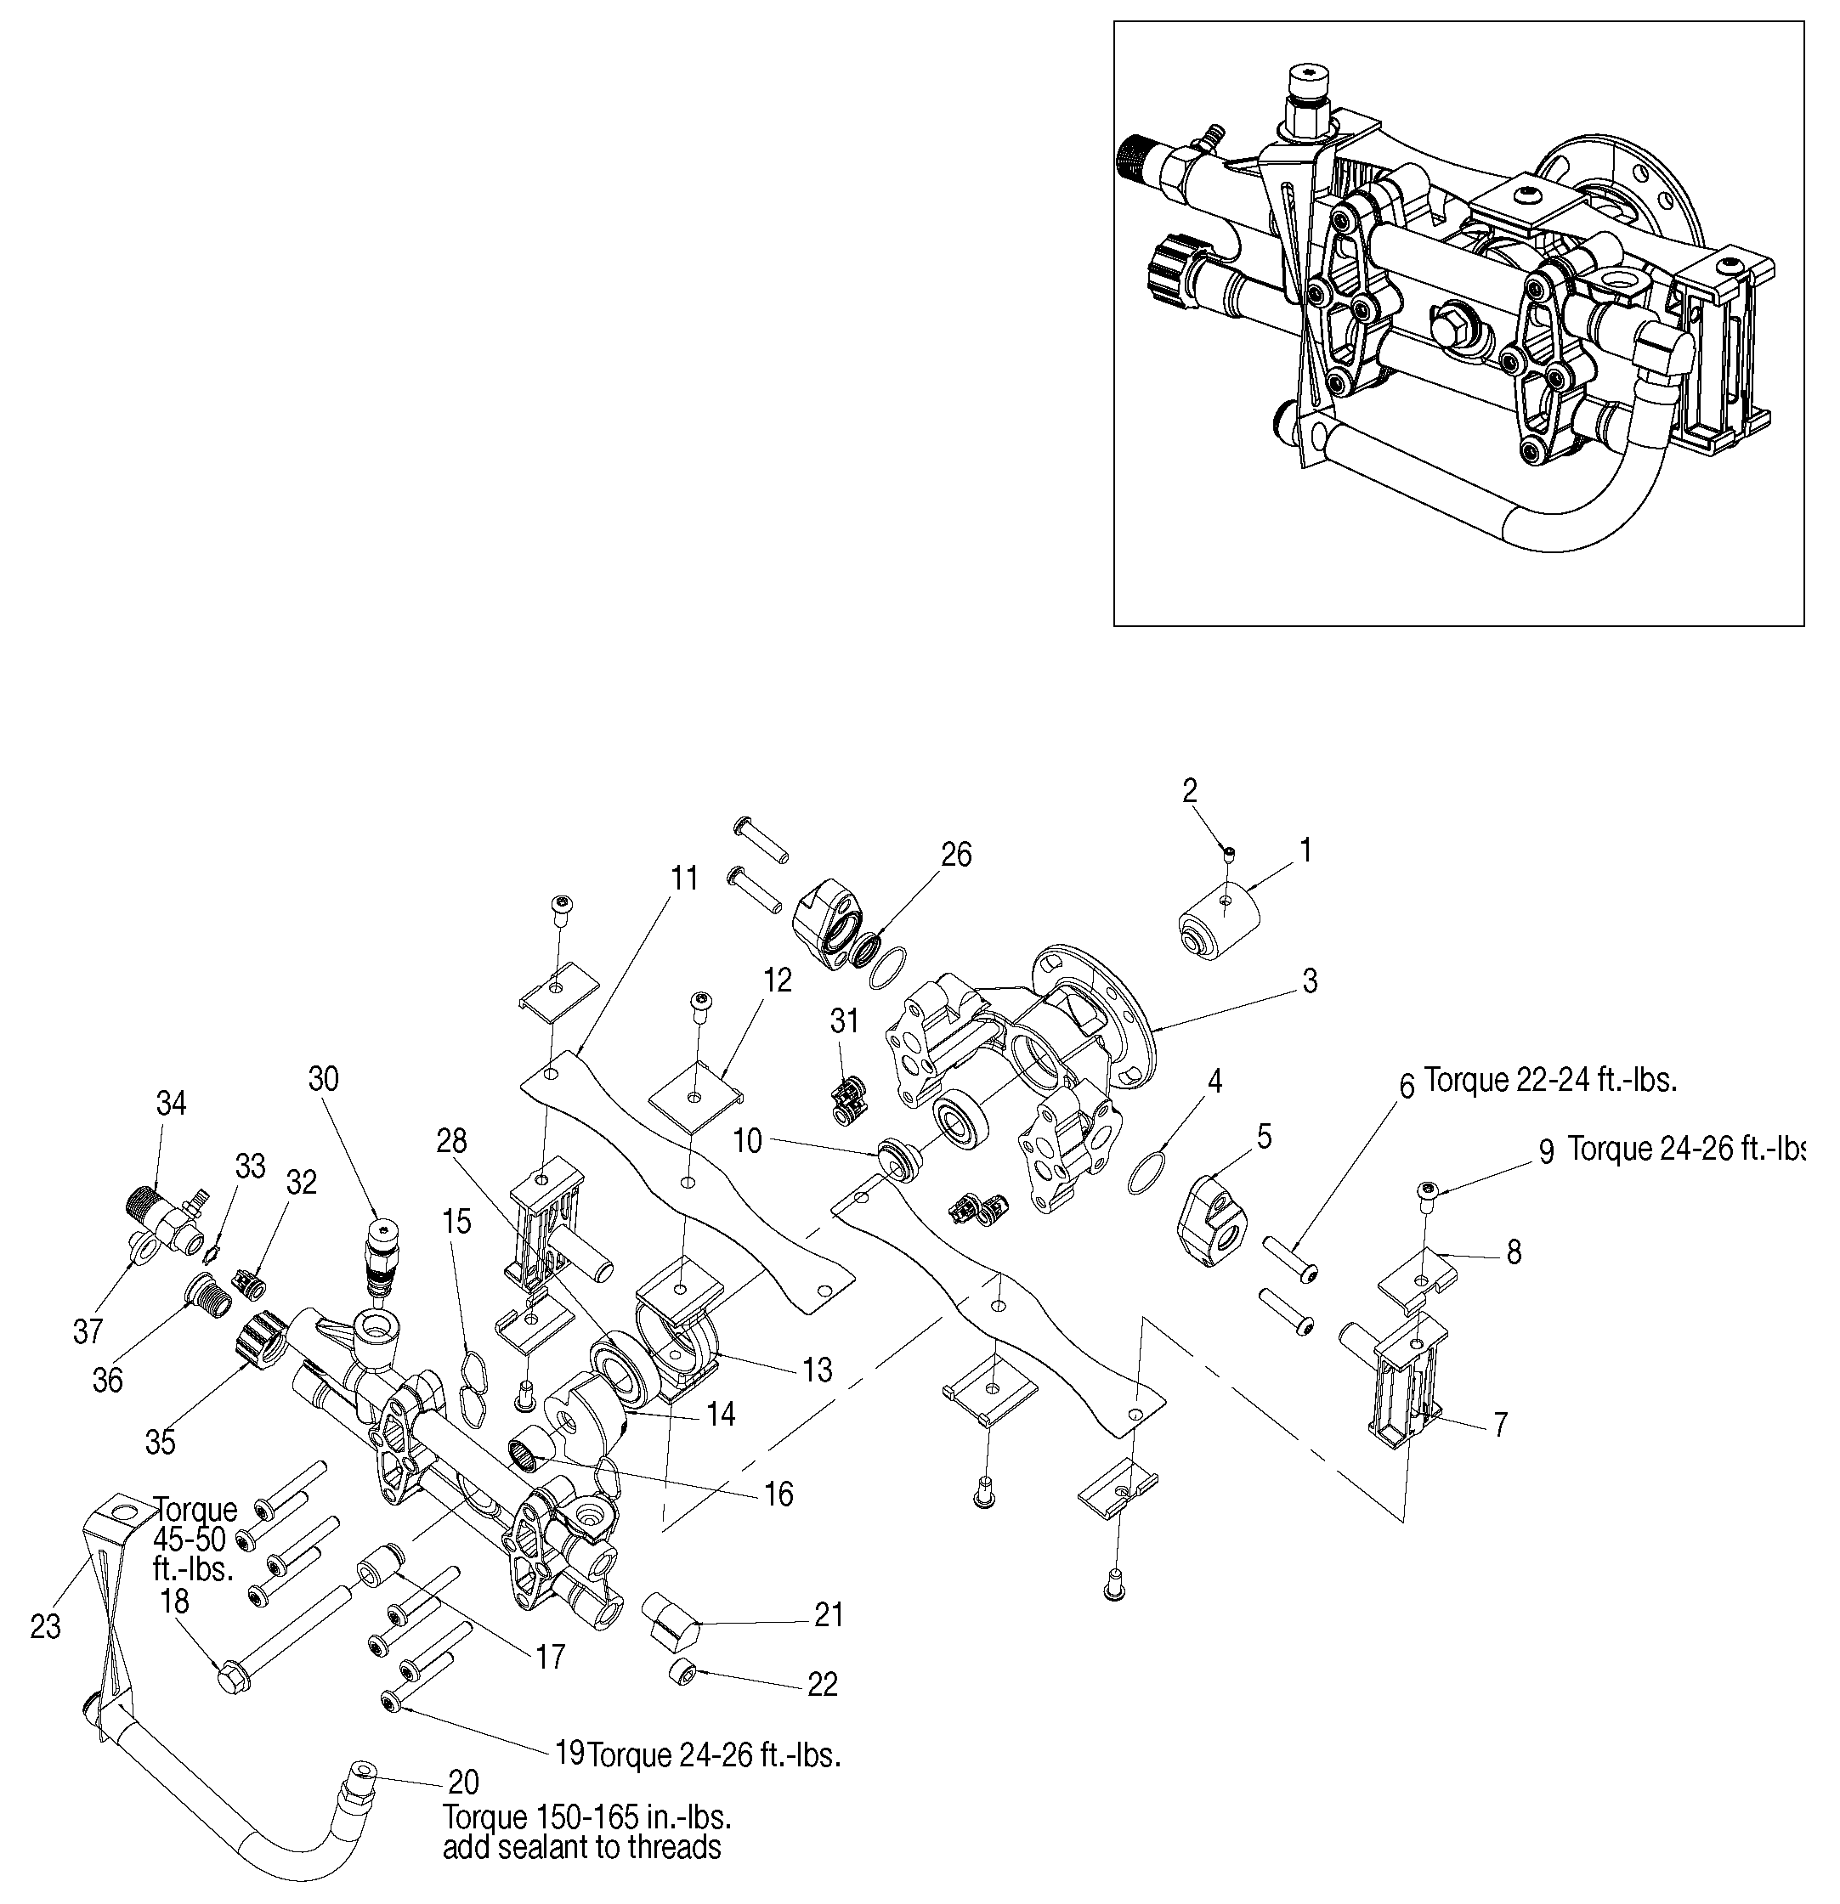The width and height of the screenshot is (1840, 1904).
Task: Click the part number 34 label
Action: (x=171, y=1104)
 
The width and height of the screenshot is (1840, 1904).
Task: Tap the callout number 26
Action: (x=956, y=855)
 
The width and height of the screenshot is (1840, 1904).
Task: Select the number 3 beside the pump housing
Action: (x=1310, y=981)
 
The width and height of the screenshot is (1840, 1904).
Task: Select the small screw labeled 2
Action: (x=1229, y=852)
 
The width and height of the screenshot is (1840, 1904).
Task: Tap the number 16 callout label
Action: (x=778, y=1494)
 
